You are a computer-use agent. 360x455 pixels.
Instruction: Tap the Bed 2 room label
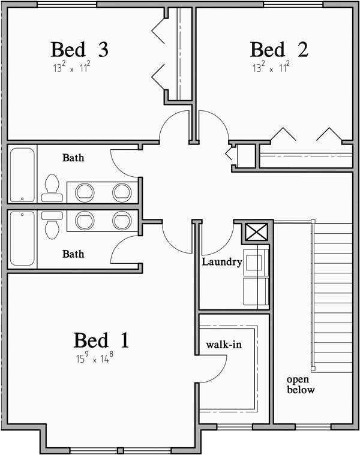(279, 50)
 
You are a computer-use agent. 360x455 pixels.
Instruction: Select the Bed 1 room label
(101, 341)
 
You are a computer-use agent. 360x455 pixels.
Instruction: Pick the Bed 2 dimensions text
(271, 67)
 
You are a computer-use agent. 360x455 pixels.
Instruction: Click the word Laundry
(221, 262)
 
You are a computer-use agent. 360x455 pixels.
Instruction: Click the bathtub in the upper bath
(22, 174)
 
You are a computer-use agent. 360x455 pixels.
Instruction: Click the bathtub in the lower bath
(22, 238)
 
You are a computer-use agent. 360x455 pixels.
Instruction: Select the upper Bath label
(73, 159)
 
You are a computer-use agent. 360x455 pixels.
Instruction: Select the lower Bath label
(73, 254)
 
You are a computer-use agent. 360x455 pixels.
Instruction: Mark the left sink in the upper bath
(85, 192)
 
